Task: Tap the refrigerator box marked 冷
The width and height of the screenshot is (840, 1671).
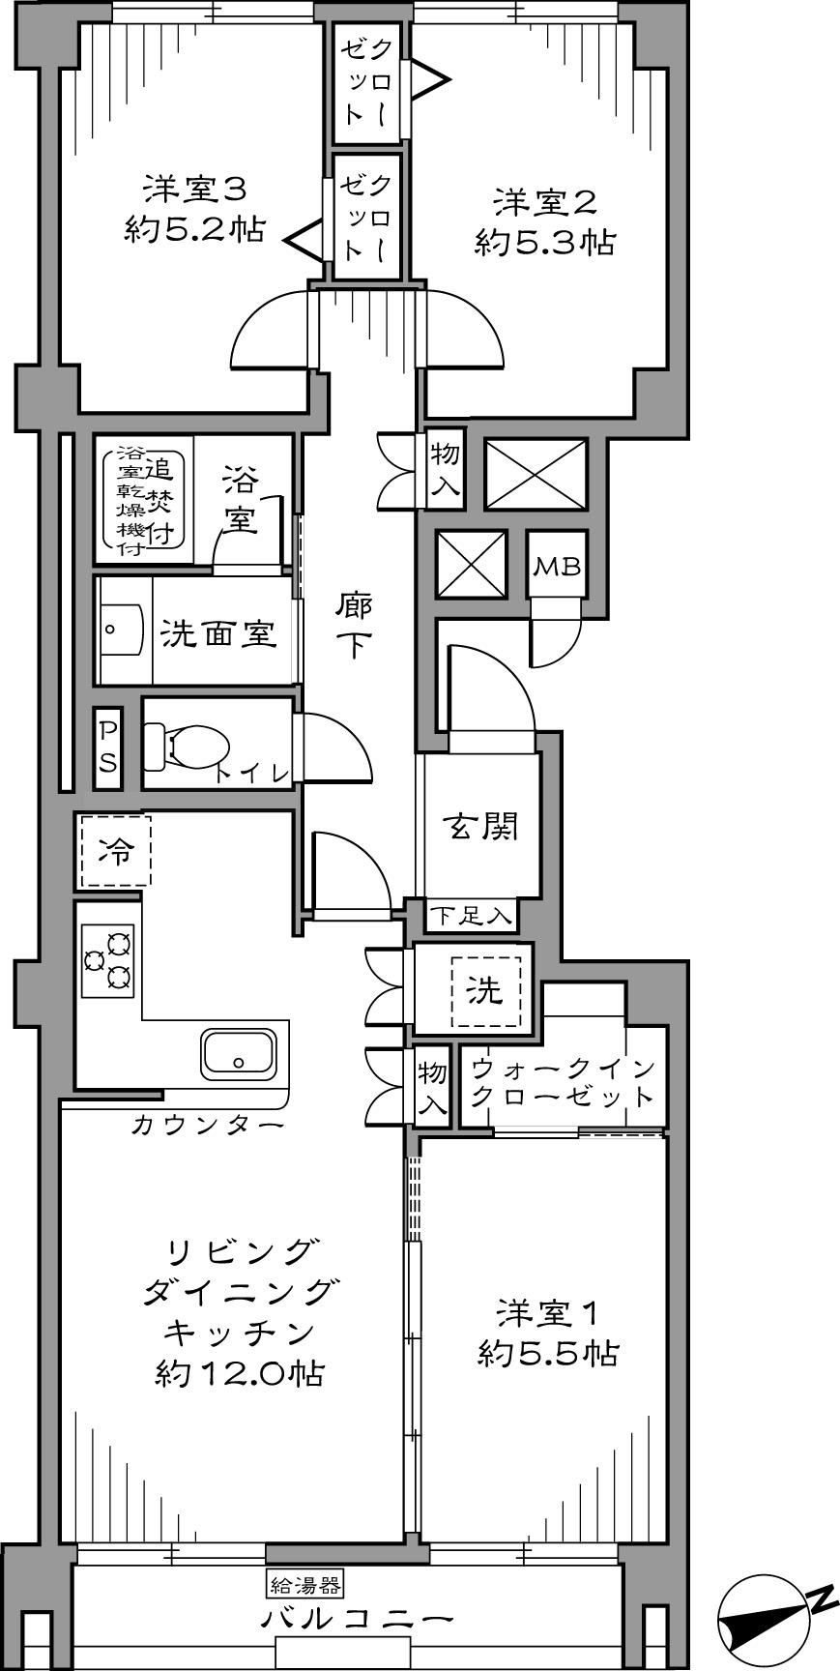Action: coord(116,851)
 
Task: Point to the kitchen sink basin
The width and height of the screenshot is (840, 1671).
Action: coord(238,1053)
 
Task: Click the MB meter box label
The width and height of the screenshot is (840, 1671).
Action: coord(558,567)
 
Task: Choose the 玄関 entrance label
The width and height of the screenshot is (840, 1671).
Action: coord(480,827)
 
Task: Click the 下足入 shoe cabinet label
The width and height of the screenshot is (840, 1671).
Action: coord(470,915)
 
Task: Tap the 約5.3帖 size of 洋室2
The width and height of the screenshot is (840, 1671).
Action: coord(544,243)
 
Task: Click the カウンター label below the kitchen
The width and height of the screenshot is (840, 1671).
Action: coord(207,1125)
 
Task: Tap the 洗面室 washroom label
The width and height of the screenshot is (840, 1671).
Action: coord(217,634)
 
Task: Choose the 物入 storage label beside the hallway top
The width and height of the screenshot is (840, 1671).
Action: coord(445,470)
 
